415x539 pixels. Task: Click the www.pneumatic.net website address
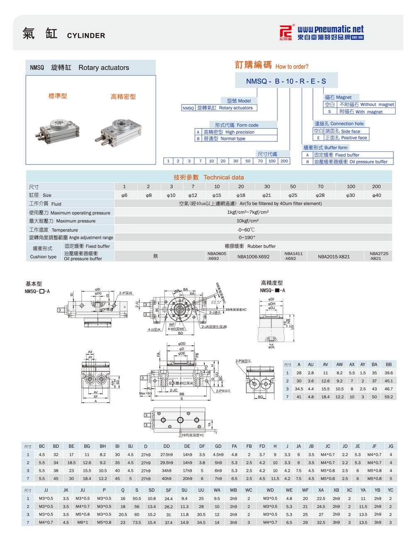(x=330, y=29)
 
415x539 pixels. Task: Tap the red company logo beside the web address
(x=286, y=32)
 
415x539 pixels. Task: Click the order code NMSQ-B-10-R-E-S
(x=286, y=81)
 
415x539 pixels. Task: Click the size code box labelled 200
(x=284, y=161)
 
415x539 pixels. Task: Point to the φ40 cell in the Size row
(x=376, y=195)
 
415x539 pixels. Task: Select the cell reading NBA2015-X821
(x=334, y=257)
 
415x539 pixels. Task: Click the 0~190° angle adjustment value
(x=247, y=238)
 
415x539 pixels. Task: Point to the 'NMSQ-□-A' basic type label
(x=37, y=291)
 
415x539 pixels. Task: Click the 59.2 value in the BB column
(x=388, y=397)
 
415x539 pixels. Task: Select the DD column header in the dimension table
(x=166, y=446)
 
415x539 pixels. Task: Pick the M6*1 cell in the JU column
(x=83, y=522)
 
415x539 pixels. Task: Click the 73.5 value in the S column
(x=137, y=522)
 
